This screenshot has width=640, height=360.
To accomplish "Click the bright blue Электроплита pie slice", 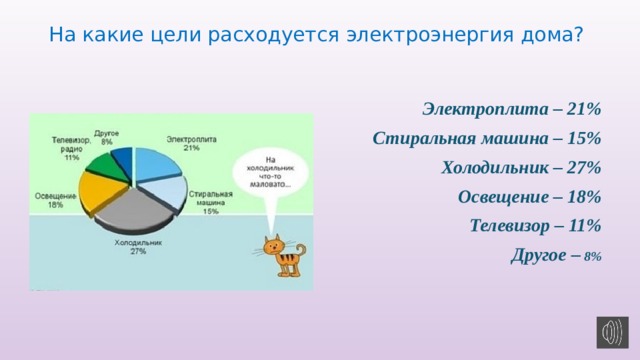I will pyautogui.click(x=156, y=163).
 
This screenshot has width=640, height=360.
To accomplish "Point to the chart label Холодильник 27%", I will pyautogui.click(x=137, y=247).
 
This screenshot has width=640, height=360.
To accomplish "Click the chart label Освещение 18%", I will pyautogui.click(x=56, y=199).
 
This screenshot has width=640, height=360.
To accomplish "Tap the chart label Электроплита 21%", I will pyautogui.click(x=190, y=143).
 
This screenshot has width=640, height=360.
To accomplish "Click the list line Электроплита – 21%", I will pyautogui.click(x=511, y=108).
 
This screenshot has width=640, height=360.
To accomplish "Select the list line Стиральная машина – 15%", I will pyautogui.click(x=485, y=137).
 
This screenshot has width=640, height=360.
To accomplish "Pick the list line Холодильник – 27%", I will pyautogui.click(x=519, y=167).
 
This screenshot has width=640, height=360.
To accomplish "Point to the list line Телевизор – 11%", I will pyautogui.click(x=534, y=225).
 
